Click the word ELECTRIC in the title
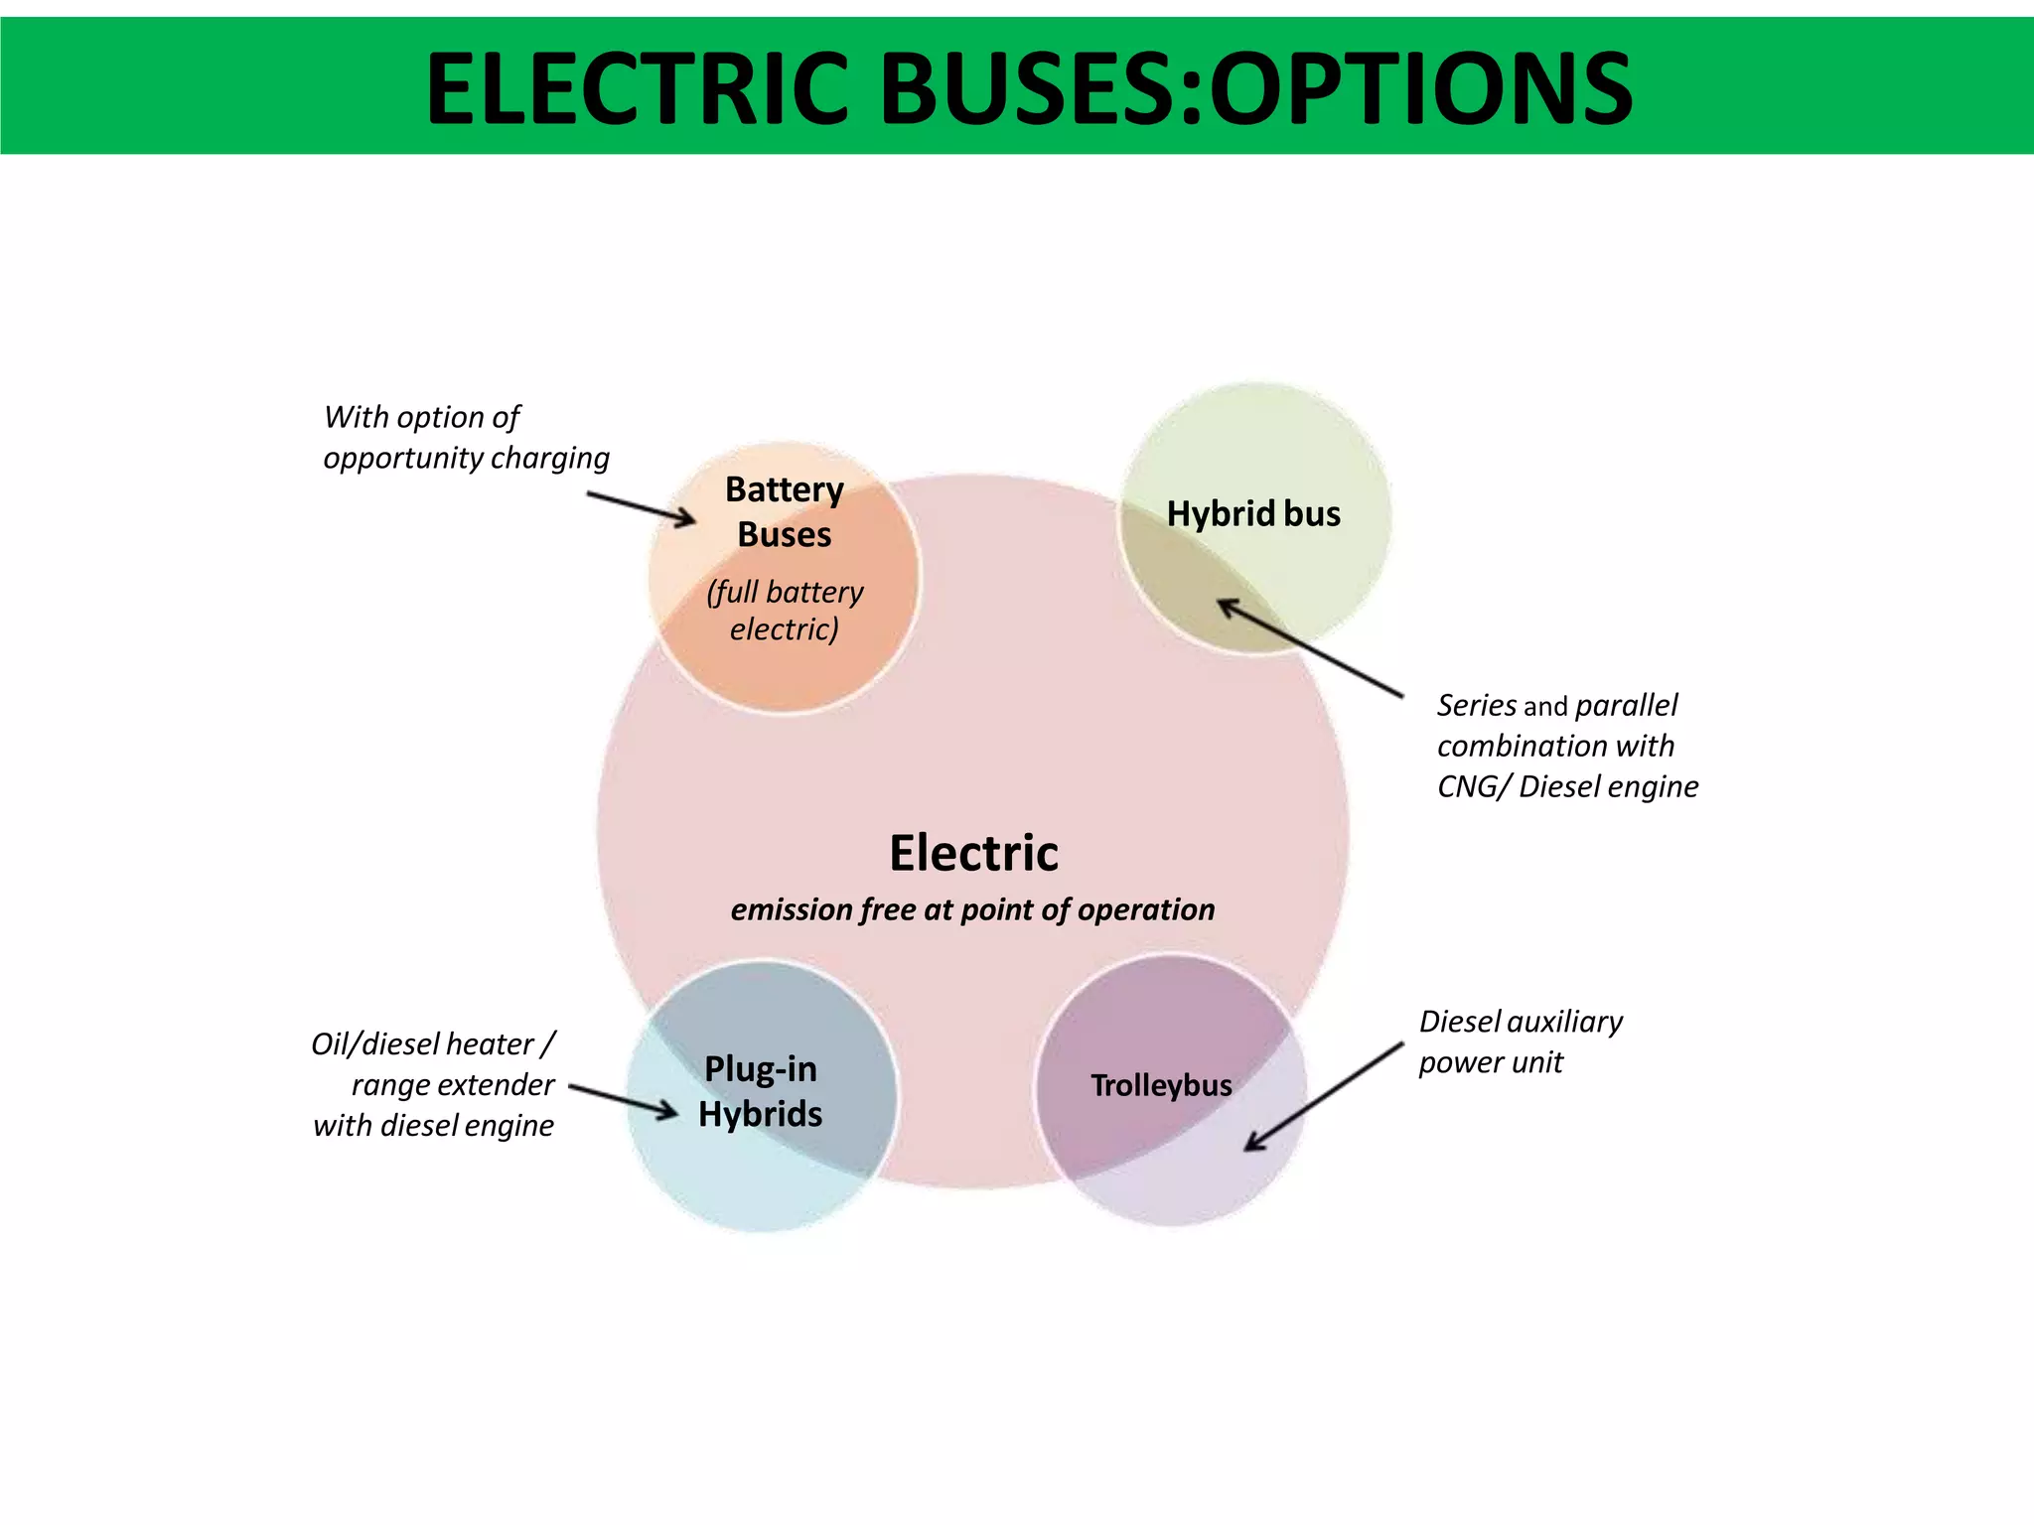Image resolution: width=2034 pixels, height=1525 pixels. pyautogui.click(x=636, y=89)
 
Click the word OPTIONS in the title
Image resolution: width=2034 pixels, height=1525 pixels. pyautogui.click(x=1420, y=89)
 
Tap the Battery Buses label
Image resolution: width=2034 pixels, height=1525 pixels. pyautogui.click(x=784, y=511)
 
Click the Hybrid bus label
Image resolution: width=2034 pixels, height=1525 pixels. pyautogui.click(x=1253, y=513)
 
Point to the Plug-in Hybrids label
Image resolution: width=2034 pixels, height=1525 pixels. pyautogui.click(x=761, y=1091)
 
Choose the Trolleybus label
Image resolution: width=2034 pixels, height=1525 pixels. pyautogui.click(x=1161, y=1085)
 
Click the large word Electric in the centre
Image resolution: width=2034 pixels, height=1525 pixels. pyautogui.click(x=973, y=853)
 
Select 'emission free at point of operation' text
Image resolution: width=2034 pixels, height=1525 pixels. pyautogui.click(x=972, y=909)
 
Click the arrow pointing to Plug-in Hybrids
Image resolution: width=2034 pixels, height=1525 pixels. pyautogui.click(x=624, y=1100)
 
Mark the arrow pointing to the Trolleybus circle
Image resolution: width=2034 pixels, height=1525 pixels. pyautogui.click(x=1324, y=1096)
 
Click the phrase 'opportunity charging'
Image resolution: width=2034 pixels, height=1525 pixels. pyautogui.click(x=466, y=458)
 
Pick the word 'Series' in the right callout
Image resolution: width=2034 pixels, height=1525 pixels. pyautogui.click(x=1476, y=705)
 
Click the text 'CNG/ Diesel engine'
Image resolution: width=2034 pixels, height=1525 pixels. pyautogui.click(x=1567, y=786)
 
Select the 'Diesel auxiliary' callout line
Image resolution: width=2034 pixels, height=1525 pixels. pyautogui.click(x=1521, y=1021)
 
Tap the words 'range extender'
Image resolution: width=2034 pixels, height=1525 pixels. pyautogui.click(x=453, y=1084)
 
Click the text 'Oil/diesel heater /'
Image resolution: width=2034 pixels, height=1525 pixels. pyautogui.click(x=433, y=1043)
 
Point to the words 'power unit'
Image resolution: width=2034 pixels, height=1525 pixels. pyautogui.click(x=1490, y=1062)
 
